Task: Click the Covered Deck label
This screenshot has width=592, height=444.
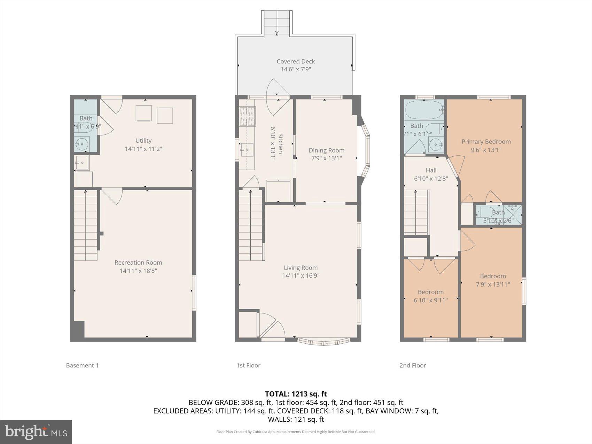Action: point(296,61)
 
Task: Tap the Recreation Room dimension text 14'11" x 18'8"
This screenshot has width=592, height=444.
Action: point(138,271)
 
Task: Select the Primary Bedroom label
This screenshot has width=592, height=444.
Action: point(486,142)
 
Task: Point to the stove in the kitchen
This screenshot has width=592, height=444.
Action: point(247,116)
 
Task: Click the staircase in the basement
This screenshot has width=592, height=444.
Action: point(85,225)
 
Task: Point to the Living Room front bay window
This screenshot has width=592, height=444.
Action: point(324,342)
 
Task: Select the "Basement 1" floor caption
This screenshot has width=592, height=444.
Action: point(82,365)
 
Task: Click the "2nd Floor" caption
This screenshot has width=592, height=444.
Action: point(413,365)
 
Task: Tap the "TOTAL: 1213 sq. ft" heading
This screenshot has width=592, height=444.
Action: point(296,394)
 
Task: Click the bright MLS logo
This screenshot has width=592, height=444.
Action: point(36,432)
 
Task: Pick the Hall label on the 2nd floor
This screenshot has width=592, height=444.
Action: point(431,170)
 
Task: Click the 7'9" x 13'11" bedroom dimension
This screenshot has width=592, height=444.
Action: point(493,284)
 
